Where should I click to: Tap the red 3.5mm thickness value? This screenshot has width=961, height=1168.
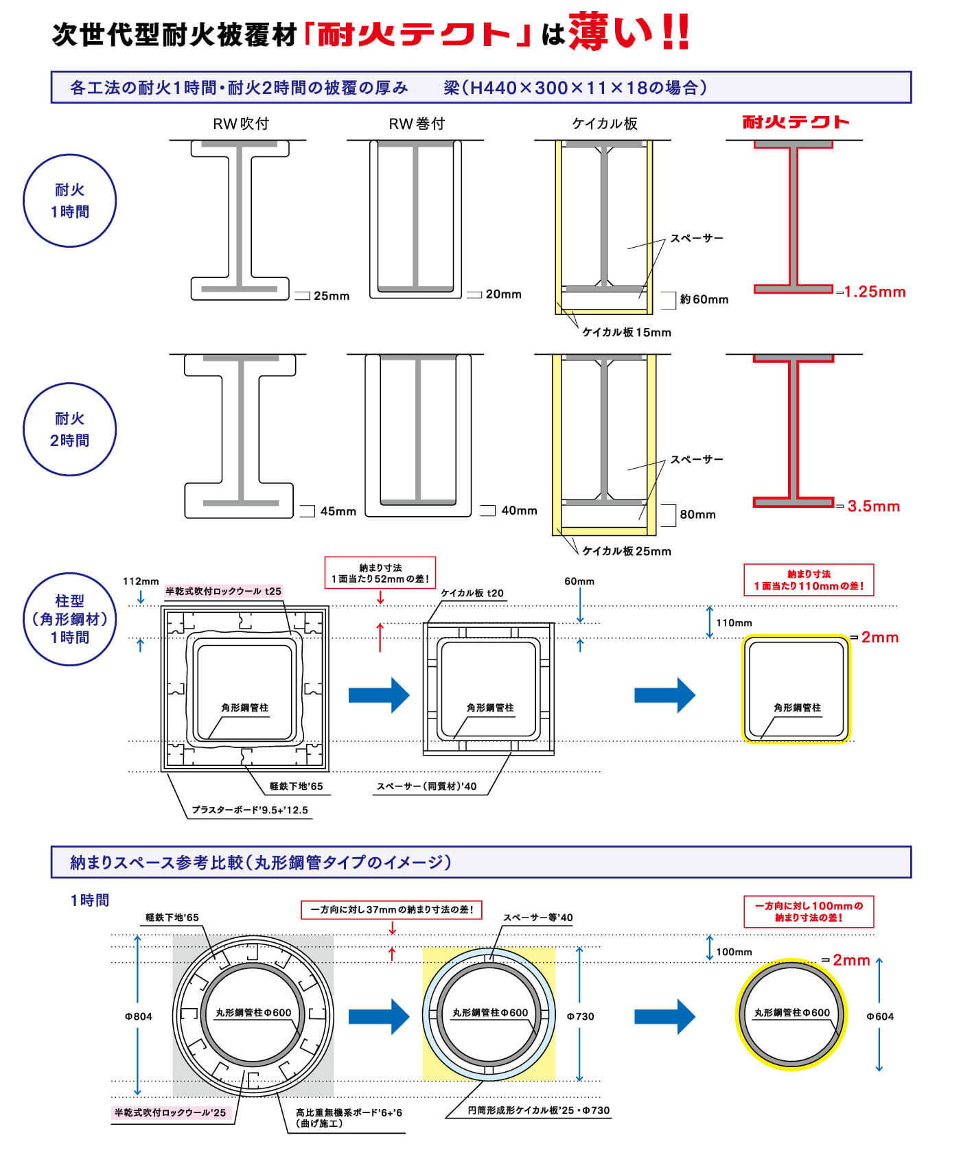point(873,507)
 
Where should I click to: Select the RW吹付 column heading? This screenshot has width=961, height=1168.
point(240,124)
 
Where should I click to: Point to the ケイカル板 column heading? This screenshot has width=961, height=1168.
point(605,124)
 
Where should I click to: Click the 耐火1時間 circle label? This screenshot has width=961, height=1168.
point(70,201)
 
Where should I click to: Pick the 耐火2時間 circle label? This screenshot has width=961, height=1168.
point(70,430)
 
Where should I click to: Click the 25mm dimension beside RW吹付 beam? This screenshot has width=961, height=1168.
point(332,296)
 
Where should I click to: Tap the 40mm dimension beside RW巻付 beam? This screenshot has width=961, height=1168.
point(519,511)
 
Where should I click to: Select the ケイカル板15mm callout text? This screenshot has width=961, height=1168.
point(626,333)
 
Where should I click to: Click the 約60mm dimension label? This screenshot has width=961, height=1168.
point(704,300)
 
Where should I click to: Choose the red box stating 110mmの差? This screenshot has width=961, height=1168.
point(809,581)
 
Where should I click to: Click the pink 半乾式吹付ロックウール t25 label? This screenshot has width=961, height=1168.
point(224,592)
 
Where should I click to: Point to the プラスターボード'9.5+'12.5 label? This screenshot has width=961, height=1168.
point(250,810)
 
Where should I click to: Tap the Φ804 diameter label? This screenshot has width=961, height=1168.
point(138,1016)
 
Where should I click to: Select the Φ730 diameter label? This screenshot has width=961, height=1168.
point(580,1016)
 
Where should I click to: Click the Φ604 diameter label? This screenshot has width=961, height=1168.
point(880,1016)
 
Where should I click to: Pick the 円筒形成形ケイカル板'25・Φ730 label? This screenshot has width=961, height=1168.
point(538,1110)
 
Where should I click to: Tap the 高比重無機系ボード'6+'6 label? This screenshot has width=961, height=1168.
point(349,1112)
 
